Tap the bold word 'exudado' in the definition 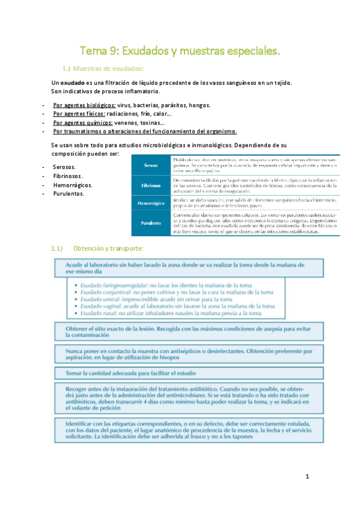[72, 82]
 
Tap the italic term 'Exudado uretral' [99, 298]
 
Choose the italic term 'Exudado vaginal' [100, 306]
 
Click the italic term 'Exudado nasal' [97, 313]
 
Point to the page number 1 [307, 478]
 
